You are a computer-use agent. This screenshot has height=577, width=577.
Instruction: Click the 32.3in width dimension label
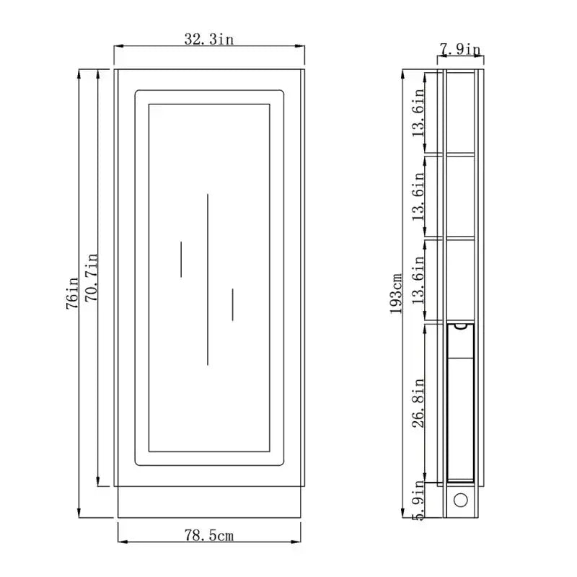click(x=209, y=40)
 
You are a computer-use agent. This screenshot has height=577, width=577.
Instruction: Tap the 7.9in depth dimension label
click(x=460, y=49)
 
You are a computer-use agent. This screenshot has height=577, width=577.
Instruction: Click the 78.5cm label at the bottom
click(x=209, y=535)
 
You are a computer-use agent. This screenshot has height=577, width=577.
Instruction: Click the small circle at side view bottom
click(x=459, y=500)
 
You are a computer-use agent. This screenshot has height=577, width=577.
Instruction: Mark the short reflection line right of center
click(x=232, y=304)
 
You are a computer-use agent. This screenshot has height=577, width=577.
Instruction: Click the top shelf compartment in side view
click(x=460, y=112)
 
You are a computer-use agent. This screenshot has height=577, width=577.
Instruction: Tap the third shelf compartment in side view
click(x=460, y=279)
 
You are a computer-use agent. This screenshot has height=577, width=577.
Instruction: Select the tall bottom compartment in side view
click(x=460, y=404)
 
